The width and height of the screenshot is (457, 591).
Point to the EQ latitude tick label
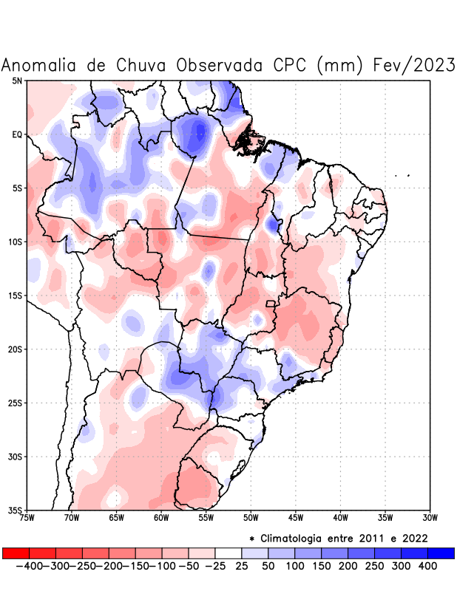pyautogui.click(x=17, y=134)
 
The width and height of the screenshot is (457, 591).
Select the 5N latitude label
pyautogui.click(x=17, y=81)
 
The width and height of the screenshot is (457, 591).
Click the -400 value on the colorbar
pyautogui.click(x=30, y=566)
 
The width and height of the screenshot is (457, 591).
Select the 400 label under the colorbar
pyautogui.click(x=427, y=566)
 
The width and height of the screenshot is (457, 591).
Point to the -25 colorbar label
pyautogui.click(x=215, y=566)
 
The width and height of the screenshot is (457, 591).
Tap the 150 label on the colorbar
pyautogui.click(x=322, y=566)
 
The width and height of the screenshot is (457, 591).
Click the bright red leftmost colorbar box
pyautogui.click(x=16, y=553)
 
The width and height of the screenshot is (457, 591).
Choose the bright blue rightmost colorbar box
pyautogui.click(x=441, y=553)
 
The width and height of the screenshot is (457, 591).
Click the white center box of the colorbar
pyautogui.click(x=228, y=553)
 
